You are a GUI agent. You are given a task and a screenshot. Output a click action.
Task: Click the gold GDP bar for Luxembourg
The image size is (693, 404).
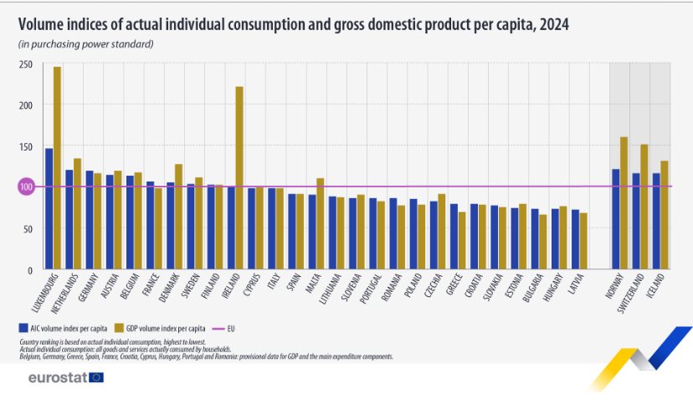(57, 167)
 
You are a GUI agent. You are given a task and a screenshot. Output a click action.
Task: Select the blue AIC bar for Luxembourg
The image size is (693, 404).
(49, 208)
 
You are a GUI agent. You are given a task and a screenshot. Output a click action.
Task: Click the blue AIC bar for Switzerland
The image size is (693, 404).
(636, 221)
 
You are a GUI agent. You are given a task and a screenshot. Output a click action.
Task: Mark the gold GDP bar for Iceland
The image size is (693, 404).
(665, 214)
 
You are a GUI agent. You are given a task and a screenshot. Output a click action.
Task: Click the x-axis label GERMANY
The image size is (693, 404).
(84, 292)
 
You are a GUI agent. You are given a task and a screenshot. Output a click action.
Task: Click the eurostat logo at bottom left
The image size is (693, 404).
(65, 377)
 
